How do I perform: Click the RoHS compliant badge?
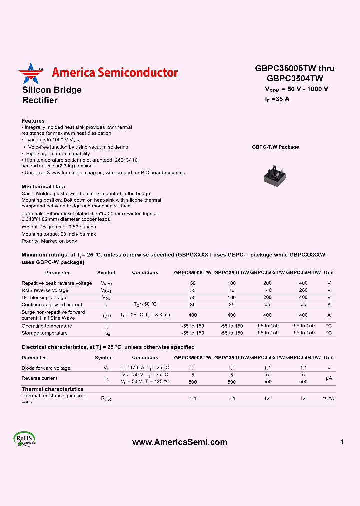[24, 439]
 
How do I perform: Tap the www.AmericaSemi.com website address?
[179, 442]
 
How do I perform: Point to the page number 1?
[342, 442]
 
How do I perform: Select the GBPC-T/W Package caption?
[275, 147]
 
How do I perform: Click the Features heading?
[33, 121]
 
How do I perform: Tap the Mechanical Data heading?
[43, 186]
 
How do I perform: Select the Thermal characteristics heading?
[52, 389]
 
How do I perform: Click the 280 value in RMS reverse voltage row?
[303, 290]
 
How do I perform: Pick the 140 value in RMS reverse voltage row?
[267, 290]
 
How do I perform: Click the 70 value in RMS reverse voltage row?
[231, 290]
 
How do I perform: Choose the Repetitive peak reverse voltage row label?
[56, 283]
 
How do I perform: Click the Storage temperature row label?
[44, 333]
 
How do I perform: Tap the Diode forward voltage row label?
[46, 368]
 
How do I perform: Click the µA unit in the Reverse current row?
[329, 378]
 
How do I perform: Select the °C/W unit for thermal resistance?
[329, 398]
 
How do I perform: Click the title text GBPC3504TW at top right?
[295, 78]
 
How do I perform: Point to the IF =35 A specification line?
[277, 99]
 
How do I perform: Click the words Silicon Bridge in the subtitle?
[52, 90]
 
